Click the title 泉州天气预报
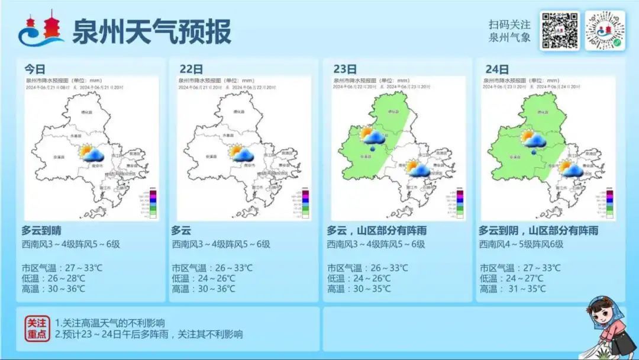click(x=151, y=31)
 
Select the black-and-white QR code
click(x=559, y=30)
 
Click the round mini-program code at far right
click(x=605, y=30)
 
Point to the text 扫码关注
click(x=509, y=25)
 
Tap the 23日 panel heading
click(x=345, y=69)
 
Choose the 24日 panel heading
click(x=496, y=69)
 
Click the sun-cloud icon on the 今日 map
click(x=92, y=154)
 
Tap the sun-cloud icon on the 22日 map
click(x=242, y=154)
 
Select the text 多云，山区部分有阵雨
click(x=377, y=230)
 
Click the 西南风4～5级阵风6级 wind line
click(x=521, y=244)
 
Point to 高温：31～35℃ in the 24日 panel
click(x=513, y=289)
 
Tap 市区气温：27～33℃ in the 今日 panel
click(x=62, y=268)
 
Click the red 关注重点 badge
click(x=37, y=328)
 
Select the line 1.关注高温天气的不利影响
click(x=110, y=323)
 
